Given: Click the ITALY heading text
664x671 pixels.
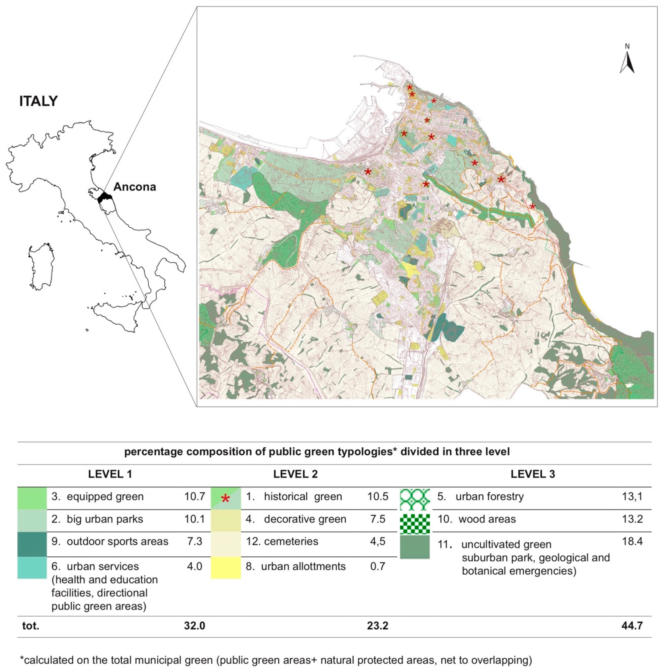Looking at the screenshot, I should click(x=38, y=101).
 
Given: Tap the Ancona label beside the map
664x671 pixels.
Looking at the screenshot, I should click(x=134, y=187).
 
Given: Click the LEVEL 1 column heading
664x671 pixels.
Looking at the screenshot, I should click(x=110, y=474).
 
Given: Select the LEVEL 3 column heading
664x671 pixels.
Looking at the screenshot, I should click(x=532, y=474).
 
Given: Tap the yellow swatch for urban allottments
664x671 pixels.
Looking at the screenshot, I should click(x=226, y=567).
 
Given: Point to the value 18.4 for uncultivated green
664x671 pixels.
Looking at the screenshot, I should click(x=632, y=541).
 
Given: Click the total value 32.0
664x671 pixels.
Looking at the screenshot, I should click(x=195, y=626).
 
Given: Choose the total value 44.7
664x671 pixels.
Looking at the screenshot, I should click(x=632, y=626).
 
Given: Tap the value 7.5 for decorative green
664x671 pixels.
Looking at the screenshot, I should click(x=378, y=519).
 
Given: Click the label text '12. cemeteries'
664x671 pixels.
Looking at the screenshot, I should click(x=282, y=541).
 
